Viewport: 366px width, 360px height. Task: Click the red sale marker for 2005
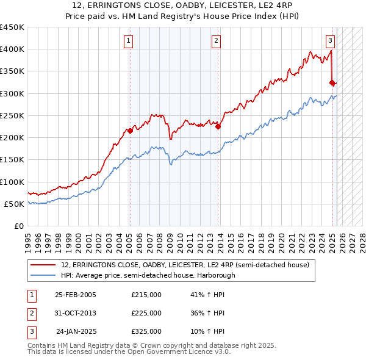(130, 131)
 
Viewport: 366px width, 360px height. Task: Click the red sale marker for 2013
(218, 127)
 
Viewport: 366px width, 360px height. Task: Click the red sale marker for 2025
(332, 82)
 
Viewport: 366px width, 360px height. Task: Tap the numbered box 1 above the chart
(129, 41)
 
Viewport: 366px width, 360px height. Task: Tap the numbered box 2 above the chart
(216, 41)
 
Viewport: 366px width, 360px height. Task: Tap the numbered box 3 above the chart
(330, 41)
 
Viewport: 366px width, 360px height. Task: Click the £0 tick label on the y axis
(19, 226)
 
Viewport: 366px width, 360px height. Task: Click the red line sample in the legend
(43, 265)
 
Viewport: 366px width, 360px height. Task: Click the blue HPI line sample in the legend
(43, 275)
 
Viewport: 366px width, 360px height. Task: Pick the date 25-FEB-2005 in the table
(76, 295)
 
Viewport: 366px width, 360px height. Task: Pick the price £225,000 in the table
(146, 313)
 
